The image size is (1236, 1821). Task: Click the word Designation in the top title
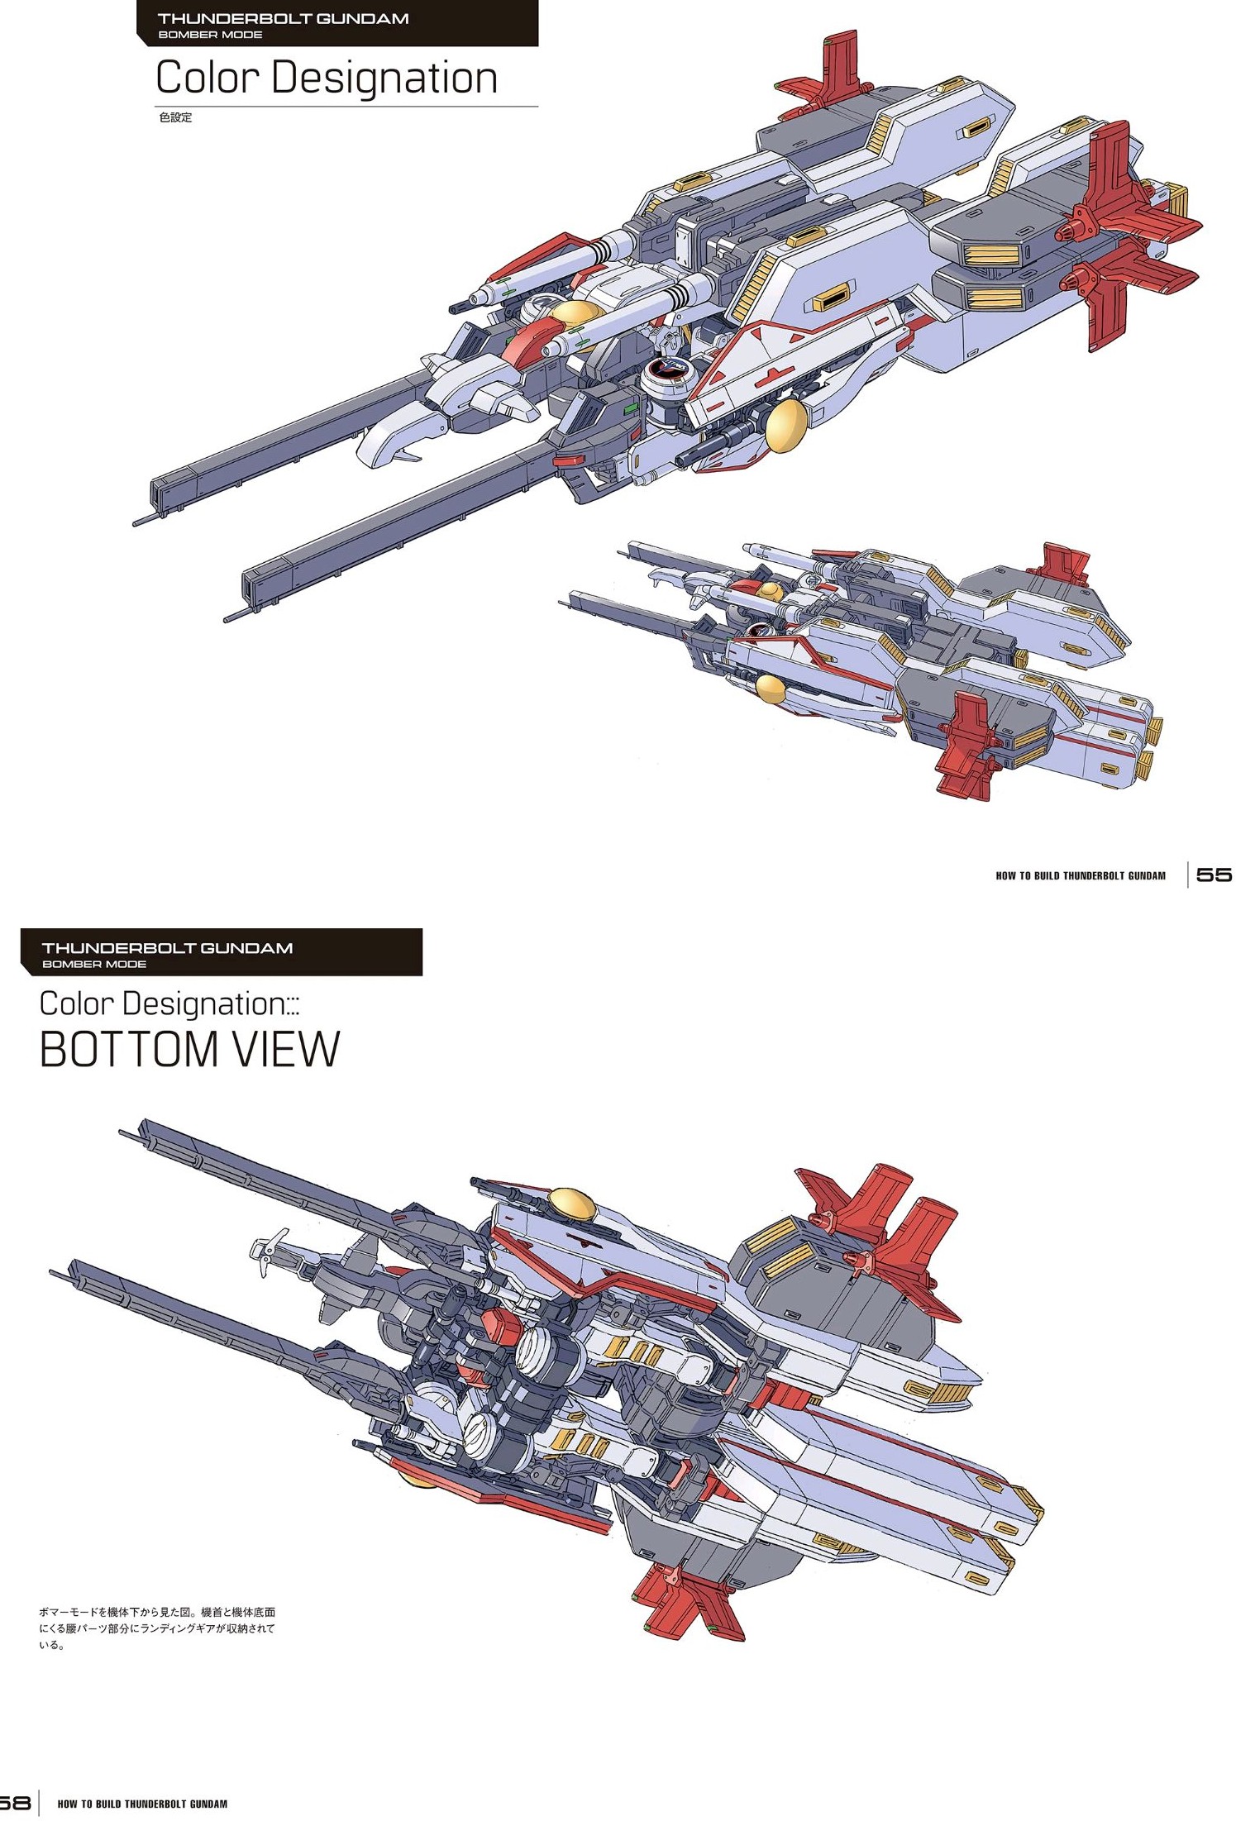click(384, 79)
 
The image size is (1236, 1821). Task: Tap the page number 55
click(1213, 875)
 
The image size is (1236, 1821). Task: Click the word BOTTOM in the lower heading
click(129, 1050)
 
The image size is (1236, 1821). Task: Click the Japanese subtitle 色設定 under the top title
click(175, 117)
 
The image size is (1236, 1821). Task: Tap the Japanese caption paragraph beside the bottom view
click(157, 1628)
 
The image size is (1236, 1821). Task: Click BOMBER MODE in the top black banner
click(210, 35)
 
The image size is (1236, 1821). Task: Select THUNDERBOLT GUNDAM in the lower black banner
click(167, 948)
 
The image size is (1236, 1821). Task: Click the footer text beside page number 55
click(1080, 875)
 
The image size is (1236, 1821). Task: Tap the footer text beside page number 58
click(142, 1804)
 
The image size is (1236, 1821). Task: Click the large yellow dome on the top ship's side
click(785, 424)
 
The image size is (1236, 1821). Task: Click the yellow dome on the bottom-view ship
click(572, 1203)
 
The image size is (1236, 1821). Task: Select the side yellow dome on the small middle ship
click(771, 688)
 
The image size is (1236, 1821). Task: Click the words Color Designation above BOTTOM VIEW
click(162, 1003)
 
